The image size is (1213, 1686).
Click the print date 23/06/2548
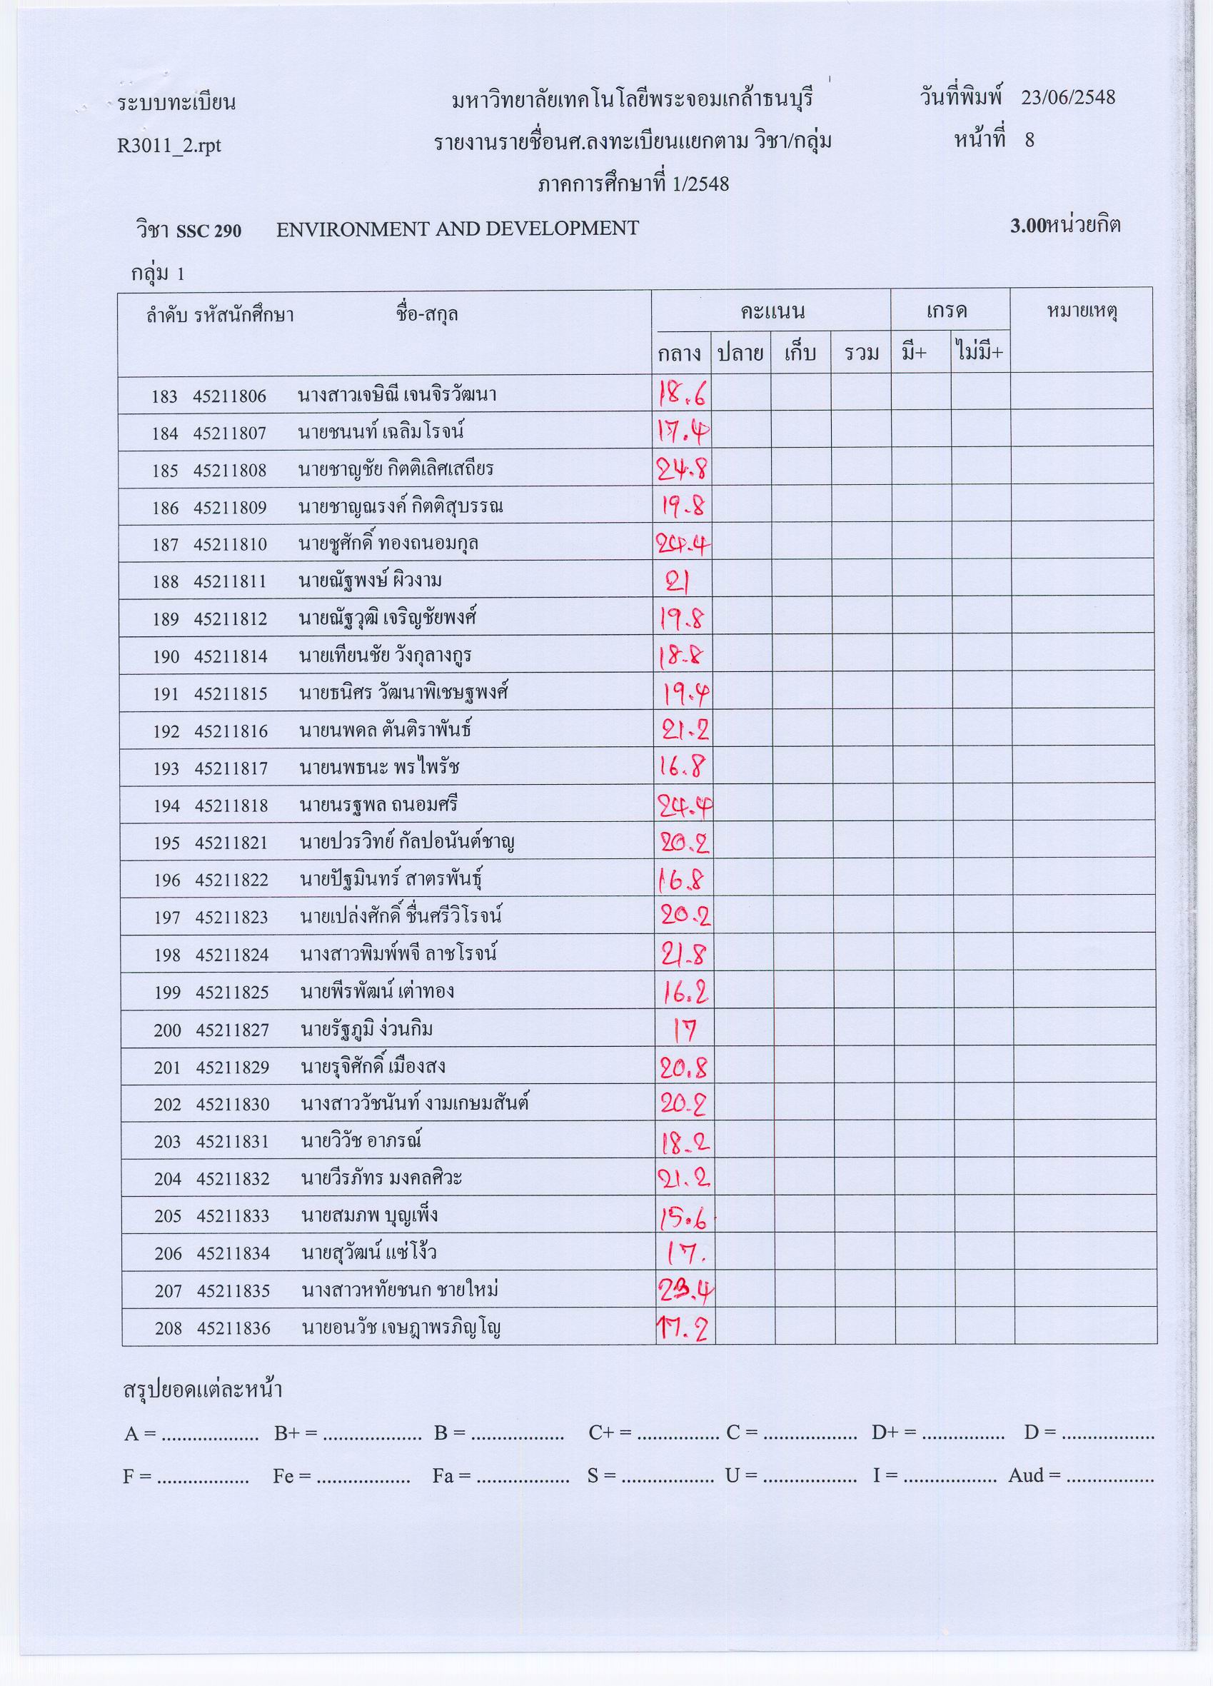(1067, 97)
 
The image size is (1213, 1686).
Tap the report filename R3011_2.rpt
(168, 145)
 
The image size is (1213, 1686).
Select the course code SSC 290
(208, 231)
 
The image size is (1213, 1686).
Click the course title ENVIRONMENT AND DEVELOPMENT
(457, 229)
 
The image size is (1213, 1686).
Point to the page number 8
(1030, 140)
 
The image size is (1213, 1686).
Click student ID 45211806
(229, 396)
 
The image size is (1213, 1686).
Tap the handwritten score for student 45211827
(684, 1030)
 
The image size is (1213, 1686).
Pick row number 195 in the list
(166, 843)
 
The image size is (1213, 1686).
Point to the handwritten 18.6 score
(682, 396)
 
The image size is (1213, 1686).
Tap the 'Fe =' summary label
(291, 1475)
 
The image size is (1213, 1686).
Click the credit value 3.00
(1027, 226)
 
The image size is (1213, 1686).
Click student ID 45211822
(231, 880)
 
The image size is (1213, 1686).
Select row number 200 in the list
(167, 1030)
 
